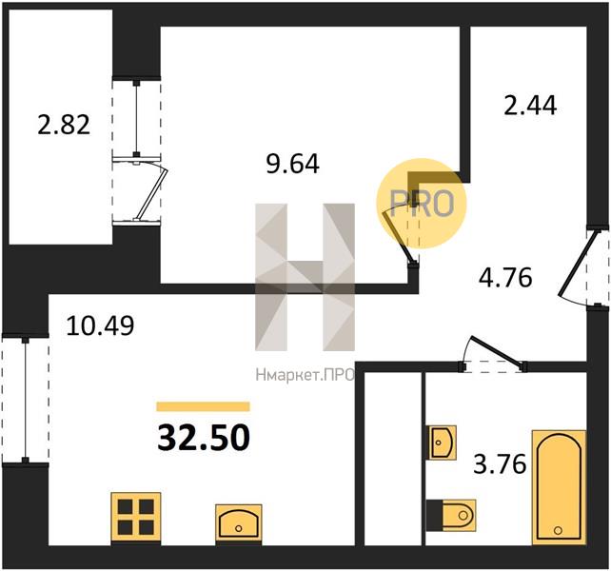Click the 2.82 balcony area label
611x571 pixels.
pos(64,126)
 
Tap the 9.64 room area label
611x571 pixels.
pos(292,164)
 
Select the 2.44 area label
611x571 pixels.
pos(530,106)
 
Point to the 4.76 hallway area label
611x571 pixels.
pos(505,278)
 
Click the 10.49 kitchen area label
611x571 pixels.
pos(101,325)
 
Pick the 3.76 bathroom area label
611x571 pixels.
pos(500,464)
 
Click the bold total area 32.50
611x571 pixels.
pos(203,438)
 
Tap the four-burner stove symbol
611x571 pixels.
pos(136,517)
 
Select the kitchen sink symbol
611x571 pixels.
pos(239,522)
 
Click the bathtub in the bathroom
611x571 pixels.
pos(559,487)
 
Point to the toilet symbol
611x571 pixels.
pos(451,515)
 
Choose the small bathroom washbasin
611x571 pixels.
pos(443,443)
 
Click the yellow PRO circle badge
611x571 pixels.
pos(422,203)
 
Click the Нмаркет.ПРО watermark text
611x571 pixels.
pos(305,375)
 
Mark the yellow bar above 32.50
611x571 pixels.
pos(203,406)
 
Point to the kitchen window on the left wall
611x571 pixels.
pos(26,400)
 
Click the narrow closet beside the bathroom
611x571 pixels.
pos(394,459)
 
